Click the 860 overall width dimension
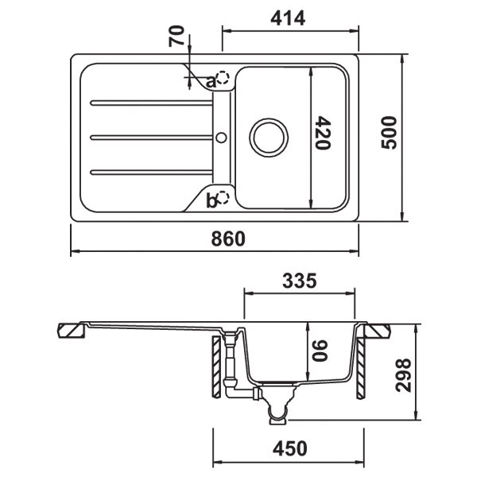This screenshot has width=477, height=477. tap(228, 238)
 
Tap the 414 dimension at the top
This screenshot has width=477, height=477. tap(288, 18)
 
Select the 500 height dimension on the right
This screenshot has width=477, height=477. tap(389, 133)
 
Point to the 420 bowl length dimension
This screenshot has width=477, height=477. tap(323, 133)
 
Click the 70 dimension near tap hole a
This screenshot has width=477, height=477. tap(176, 37)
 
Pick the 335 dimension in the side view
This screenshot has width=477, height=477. tap(300, 281)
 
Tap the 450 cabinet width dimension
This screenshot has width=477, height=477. tap(290, 448)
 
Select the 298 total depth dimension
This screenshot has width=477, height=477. tap(403, 375)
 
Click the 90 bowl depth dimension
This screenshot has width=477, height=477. tap(320, 351)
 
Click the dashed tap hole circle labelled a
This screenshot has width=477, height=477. tap(223, 78)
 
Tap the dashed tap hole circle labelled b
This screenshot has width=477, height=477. tap(223, 198)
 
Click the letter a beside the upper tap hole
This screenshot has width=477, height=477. tap(211, 82)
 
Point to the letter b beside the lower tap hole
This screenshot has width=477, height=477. tap(211, 201)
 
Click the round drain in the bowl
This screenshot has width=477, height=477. tap(269, 138)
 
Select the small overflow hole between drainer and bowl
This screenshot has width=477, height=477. tap(222, 138)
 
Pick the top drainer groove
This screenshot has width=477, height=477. tap(151, 103)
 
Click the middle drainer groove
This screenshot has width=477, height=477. tap(151, 138)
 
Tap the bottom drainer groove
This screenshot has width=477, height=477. tap(151, 173)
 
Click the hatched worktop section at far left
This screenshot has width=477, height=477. tap(72, 331)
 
